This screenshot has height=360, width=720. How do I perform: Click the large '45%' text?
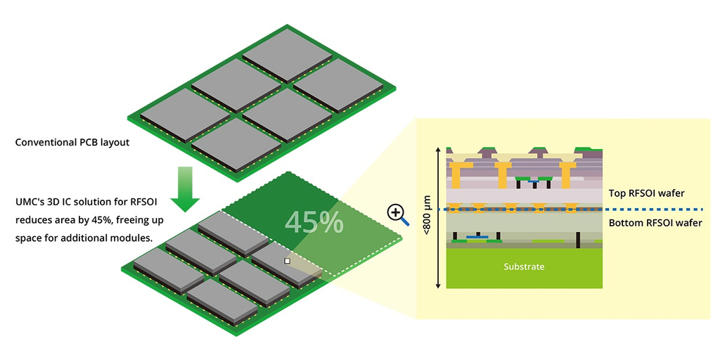(314, 222)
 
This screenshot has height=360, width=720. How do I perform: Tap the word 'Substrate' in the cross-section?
(524, 267)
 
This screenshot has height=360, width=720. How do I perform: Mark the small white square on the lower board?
(287, 261)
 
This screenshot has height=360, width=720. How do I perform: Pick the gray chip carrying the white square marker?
(285, 264)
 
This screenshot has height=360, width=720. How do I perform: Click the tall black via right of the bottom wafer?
(577, 239)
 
